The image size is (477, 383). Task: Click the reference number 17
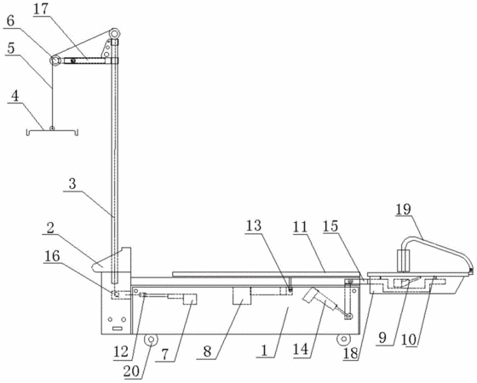pyautogui.click(x=41, y=9)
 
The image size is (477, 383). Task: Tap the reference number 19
pyautogui.click(x=404, y=209)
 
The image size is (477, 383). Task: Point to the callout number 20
pyautogui.click(x=131, y=371)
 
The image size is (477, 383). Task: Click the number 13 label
pyautogui.click(x=254, y=226)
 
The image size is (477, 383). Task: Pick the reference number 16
pyautogui.click(x=52, y=256)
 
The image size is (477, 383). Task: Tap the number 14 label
pyautogui.click(x=301, y=349)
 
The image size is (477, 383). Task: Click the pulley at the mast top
pyautogui.click(x=114, y=33)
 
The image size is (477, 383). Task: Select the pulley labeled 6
pyautogui.click(x=55, y=60)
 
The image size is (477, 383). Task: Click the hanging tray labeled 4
pyautogui.click(x=52, y=132)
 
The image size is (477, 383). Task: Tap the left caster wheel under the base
pyautogui.click(x=151, y=340)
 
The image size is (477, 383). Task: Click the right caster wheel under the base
pyautogui.click(x=343, y=340)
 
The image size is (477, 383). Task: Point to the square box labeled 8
pyautogui.click(x=242, y=295)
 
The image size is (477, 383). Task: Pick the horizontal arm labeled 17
pyautogui.click(x=88, y=60)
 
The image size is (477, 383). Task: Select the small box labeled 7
pyautogui.click(x=190, y=299)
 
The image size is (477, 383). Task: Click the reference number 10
pyautogui.click(x=409, y=340)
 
